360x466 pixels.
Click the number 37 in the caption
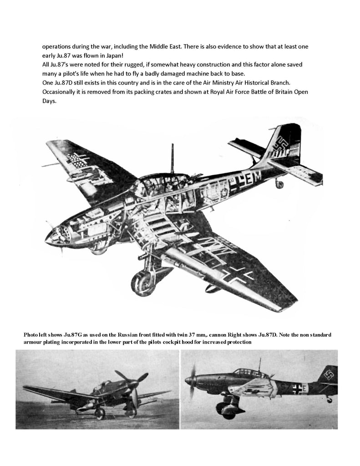(195, 334)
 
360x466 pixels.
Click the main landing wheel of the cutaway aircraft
(142, 283)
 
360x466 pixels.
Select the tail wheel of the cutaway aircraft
(279, 184)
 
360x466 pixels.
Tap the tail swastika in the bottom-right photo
(328, 375)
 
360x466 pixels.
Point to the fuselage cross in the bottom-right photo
(297, 388)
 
